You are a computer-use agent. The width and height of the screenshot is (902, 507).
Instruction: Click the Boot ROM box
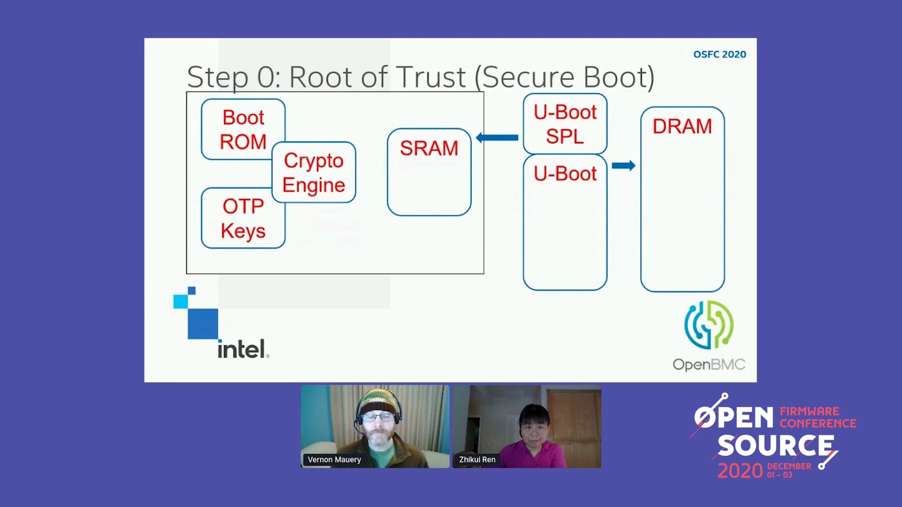[x=243, y=129]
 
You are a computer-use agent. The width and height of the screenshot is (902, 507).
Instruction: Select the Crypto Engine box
[x=314, y=172]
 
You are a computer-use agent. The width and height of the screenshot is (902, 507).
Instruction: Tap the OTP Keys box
[x=243, y=218]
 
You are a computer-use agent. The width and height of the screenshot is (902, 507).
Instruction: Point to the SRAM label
[x=429, y=148]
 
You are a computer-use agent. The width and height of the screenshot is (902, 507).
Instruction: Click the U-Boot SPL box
[x=565, y=124]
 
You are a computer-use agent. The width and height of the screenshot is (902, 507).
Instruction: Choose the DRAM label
[x=682, y=126]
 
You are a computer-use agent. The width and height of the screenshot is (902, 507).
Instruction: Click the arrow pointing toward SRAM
[x=497, y=137]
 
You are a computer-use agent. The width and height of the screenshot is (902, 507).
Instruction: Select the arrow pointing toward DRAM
[x=624, y=165]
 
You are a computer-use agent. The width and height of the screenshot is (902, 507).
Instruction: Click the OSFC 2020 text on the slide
[x=720, y=54]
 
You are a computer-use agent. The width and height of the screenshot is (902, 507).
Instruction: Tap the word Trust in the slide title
[x=431, y=77]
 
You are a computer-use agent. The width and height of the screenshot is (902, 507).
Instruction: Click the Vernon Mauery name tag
[x=334, y=459]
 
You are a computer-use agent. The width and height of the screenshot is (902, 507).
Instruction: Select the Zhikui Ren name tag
[x=477, y=459]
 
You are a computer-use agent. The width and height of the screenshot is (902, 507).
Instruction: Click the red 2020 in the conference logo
[x=740, y=471]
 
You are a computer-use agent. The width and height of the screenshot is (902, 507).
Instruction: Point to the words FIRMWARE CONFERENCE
[x=818, y=417]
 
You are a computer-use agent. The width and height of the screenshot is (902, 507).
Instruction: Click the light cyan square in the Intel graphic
[x=180, y=301]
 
